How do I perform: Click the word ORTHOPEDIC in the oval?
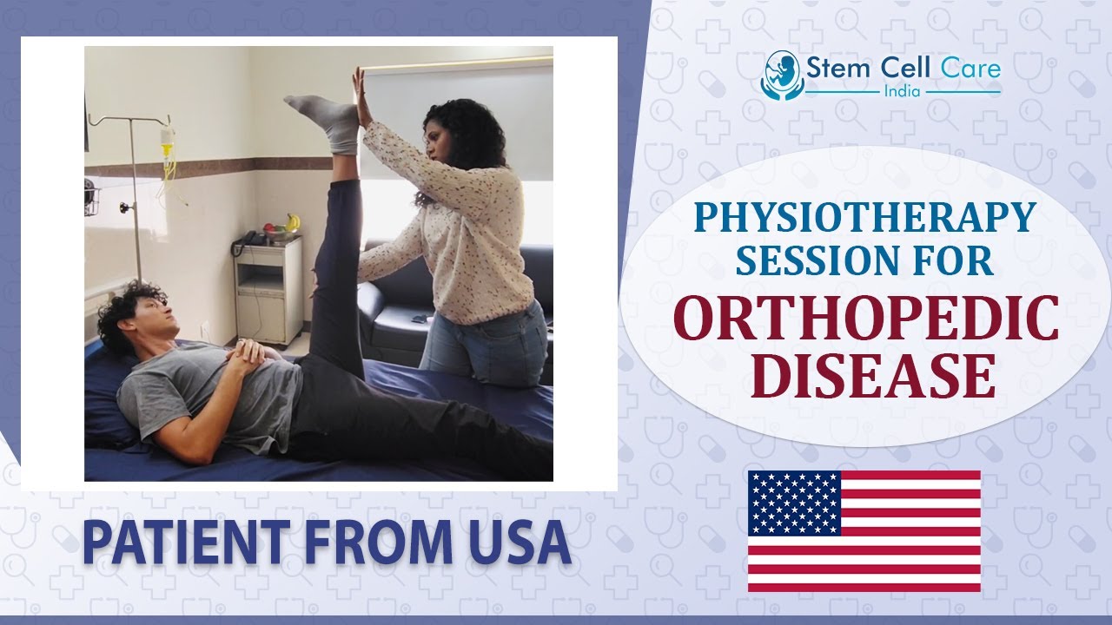point(866,319)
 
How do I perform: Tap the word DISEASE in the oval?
point(871,378)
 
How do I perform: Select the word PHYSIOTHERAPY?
point(864,217)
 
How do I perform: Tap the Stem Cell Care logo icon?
point(779,74)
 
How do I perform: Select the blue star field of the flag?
point(794,503)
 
